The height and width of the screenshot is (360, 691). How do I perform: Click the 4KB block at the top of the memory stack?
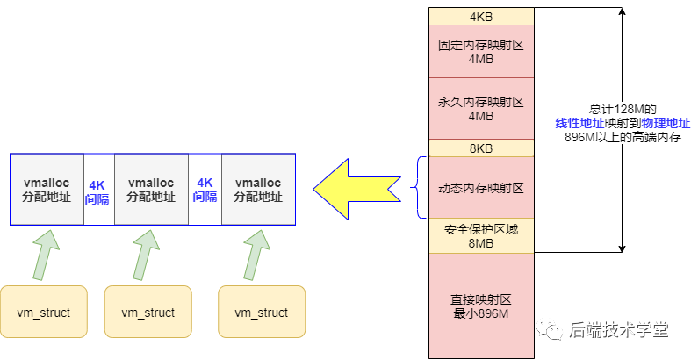[x=480, y=17]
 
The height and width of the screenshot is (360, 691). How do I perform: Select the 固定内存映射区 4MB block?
[x=480, y=51]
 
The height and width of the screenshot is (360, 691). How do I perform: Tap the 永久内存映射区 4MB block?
[x=480, y=108]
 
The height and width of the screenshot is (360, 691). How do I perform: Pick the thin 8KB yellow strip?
[x=480, y=148]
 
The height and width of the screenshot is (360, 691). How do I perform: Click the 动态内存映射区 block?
[x=480, y=188]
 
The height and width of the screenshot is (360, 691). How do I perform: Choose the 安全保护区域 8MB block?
[x=480, y=235]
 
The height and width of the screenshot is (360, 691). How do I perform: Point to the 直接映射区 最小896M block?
[x=480, y=305]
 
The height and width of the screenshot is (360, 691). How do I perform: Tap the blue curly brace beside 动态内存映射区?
[x=418, y=187]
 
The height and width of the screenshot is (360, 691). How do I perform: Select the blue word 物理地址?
[x=666, y=123]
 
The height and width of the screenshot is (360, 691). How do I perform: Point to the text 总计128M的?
[x=623, y=109]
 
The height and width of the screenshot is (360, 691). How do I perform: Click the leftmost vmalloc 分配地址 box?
[x=47, y=190]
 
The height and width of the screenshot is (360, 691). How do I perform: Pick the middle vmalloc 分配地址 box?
[x=151, y=190]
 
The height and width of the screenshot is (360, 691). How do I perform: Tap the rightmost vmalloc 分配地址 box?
[x=258, y=190]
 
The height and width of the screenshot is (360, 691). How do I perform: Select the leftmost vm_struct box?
[x=44, y=312]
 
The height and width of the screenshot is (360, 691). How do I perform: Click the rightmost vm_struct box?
[x=262, y=312]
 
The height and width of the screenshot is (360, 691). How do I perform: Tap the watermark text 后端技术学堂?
[x=619, y=330]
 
